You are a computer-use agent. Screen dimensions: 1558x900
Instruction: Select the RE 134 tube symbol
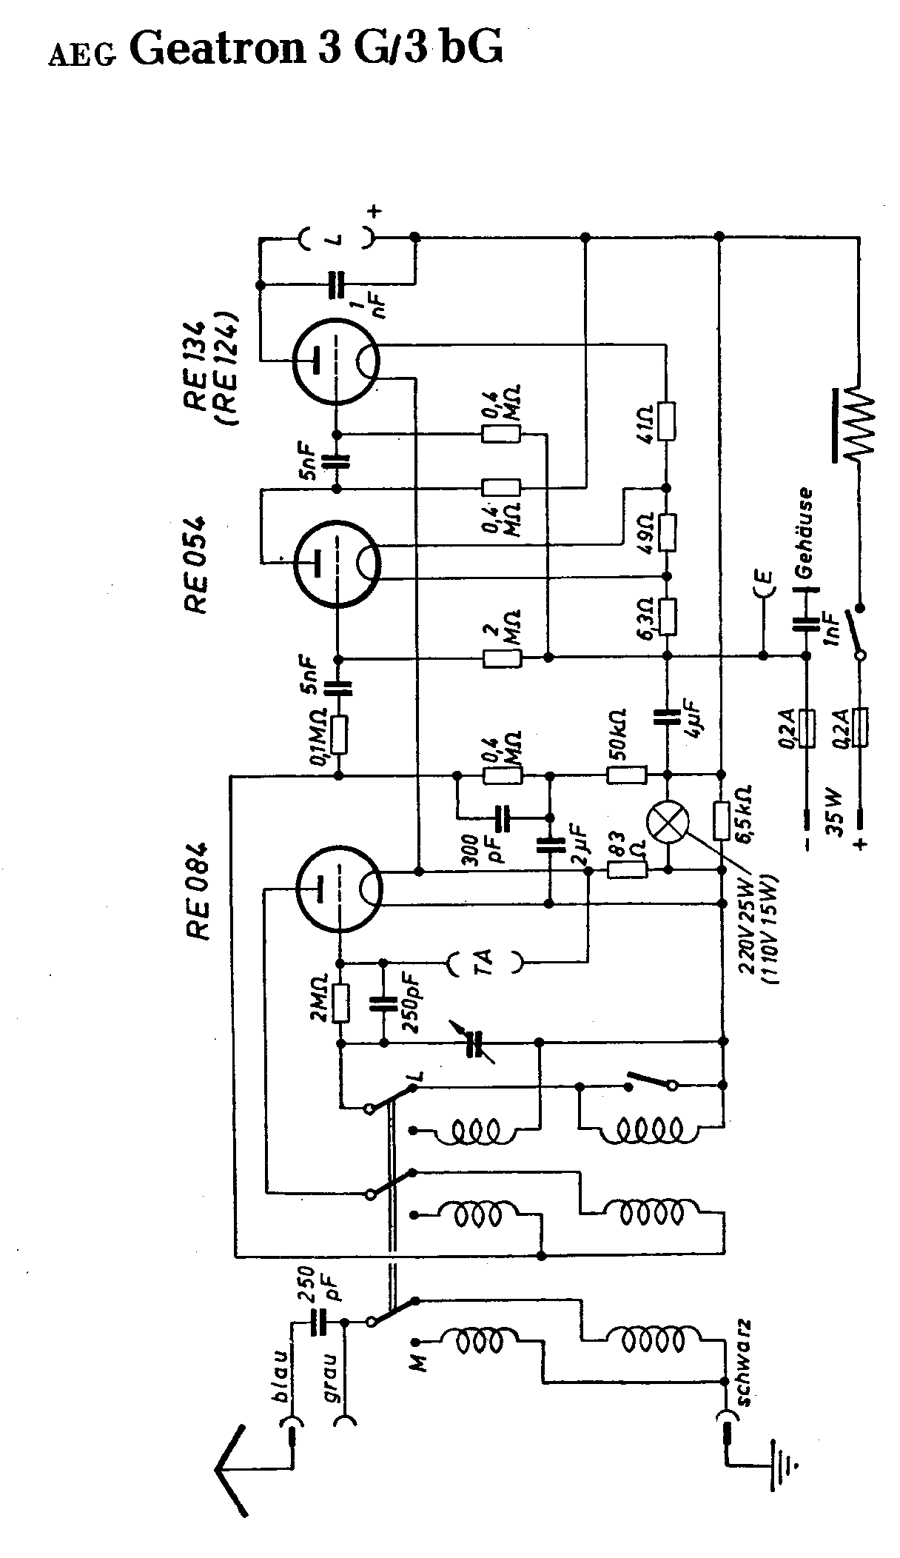click(x=337, y=361)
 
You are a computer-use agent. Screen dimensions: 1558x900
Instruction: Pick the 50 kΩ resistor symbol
click(x=627, y=775)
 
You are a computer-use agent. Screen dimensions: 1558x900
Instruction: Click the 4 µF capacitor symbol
click(x=668, y=717)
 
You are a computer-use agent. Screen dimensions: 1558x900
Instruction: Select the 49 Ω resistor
click(x=668, y=531)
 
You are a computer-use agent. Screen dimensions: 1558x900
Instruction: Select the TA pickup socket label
click(x=485, y=963)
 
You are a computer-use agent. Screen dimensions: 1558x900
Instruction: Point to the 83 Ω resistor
click(x=627, y=871)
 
